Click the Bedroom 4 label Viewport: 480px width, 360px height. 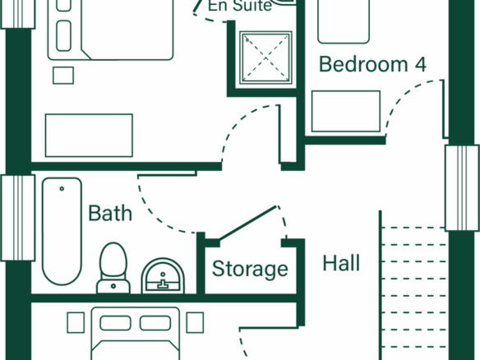tap(372, 64)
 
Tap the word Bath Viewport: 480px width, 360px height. tap(110, 213)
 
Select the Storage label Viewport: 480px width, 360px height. tap(250, 270)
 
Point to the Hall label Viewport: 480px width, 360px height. tap(341, 263)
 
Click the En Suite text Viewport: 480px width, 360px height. tap(240, 6)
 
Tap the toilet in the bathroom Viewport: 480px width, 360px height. tap(113, 268)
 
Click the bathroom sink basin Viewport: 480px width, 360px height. tap(163, 276)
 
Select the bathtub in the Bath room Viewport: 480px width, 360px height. tap(62, 232)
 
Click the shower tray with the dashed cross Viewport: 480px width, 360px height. tap(265, 58)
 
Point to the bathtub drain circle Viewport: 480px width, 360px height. tap(62, 189)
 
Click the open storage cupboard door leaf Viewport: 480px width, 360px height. tap(248, 224)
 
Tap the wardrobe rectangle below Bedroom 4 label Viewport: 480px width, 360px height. tap(346, 112)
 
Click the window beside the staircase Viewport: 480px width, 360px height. tap(462, 188)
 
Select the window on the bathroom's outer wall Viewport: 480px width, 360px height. tap(18, 218)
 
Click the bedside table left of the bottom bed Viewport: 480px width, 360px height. tap(76, 322)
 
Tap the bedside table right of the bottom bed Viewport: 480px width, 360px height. tap(195, 322)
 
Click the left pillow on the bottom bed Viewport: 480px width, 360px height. tap(115, 323)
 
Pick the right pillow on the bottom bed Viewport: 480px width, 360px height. tap(155, 323)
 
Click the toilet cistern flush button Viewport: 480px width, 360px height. tap(113, 286)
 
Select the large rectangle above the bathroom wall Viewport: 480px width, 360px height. tap(89, 136)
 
